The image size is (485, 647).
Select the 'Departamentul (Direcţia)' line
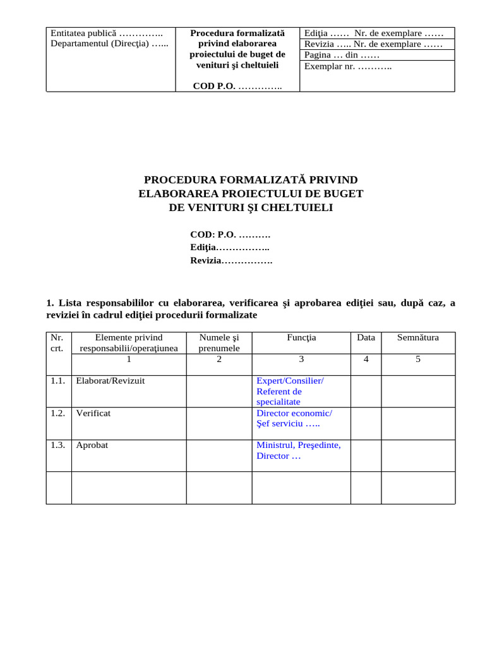point(109,44)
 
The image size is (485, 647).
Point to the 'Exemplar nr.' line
point(348,66)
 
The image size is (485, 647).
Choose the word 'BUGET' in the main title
point(340,194)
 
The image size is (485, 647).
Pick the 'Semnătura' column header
point(417,337)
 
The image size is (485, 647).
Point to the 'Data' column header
point(366,337)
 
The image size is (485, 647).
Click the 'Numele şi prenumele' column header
point(219,342)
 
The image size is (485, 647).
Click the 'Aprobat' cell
point(92,445)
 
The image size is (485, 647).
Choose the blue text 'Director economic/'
point(294,413)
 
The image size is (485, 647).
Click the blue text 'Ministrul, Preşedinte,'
point(298,445)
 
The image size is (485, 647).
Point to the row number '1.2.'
point(58,413)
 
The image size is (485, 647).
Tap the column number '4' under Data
point(366,360)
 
